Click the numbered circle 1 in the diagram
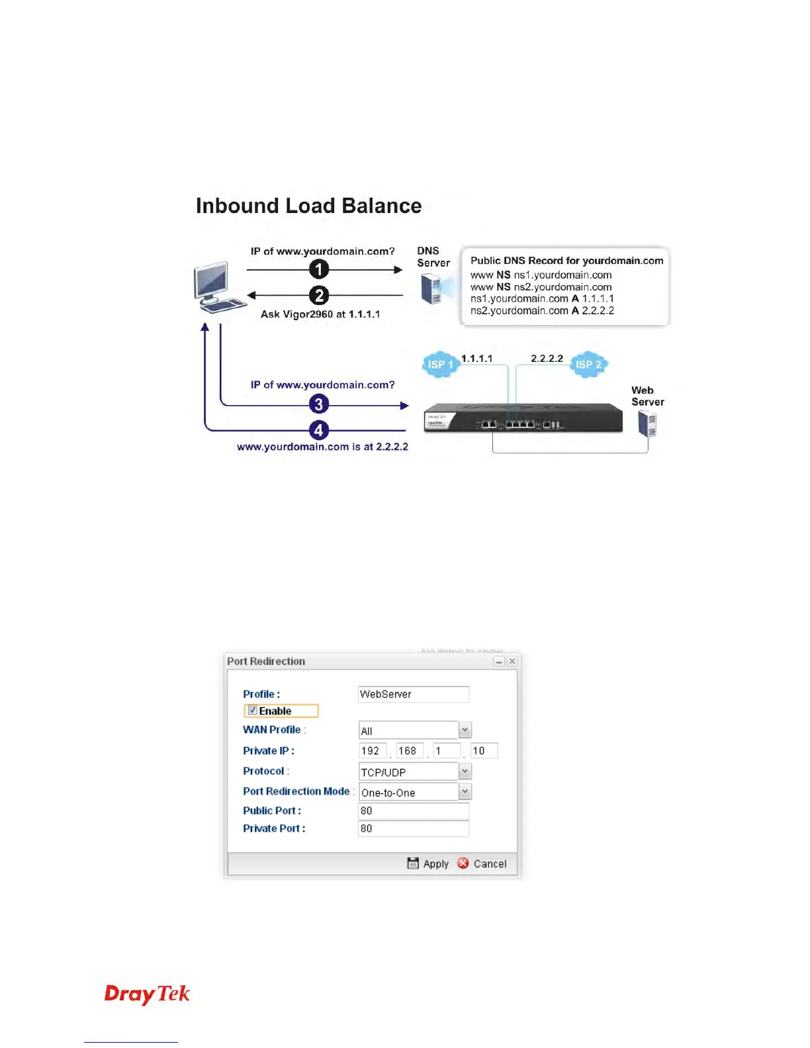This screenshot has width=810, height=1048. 319,269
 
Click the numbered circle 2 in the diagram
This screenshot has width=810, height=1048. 319,295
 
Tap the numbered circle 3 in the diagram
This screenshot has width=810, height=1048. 319,404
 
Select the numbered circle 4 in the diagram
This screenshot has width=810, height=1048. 319,430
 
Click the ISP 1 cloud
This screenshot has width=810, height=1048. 439,365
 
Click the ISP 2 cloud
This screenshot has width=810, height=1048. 588,365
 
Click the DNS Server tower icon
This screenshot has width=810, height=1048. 431,289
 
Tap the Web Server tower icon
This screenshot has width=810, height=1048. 647,424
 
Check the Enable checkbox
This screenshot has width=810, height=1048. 253,711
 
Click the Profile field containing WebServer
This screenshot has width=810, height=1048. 413,694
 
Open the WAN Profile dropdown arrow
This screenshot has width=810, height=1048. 465,730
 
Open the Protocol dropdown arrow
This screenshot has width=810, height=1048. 465,771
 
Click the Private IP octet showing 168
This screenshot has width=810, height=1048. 408,751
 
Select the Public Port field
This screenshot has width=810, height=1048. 413,810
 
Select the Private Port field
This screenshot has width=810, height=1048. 413,828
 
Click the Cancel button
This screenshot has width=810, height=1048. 482,863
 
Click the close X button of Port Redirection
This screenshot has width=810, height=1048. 512,661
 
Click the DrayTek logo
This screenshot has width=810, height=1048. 147,994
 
